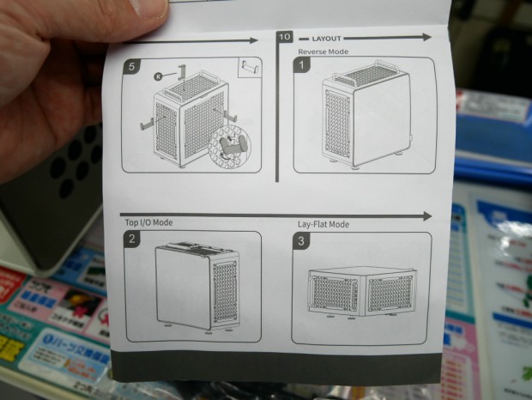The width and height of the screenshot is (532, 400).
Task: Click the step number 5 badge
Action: click(x=130, y=65)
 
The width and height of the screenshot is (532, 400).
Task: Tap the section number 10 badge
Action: click(x=285, y=38)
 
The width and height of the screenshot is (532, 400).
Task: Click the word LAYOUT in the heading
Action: click(x=326, y=39)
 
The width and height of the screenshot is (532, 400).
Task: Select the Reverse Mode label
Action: click(x=323, y=52)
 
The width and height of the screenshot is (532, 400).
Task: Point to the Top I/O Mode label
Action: click(x=149, y=222)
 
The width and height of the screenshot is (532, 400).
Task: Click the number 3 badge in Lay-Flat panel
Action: click(x=301, y=241)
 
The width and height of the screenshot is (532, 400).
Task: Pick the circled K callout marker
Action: click(x=159, y=76)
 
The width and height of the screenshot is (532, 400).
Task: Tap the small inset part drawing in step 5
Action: click(x=251, y=66)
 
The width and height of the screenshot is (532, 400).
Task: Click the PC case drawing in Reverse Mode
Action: click(x=365, y=116)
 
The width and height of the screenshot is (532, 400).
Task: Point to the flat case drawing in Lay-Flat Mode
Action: click(x=362, y=291)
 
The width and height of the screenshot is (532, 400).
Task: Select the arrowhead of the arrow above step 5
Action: click(x=252, y=40)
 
